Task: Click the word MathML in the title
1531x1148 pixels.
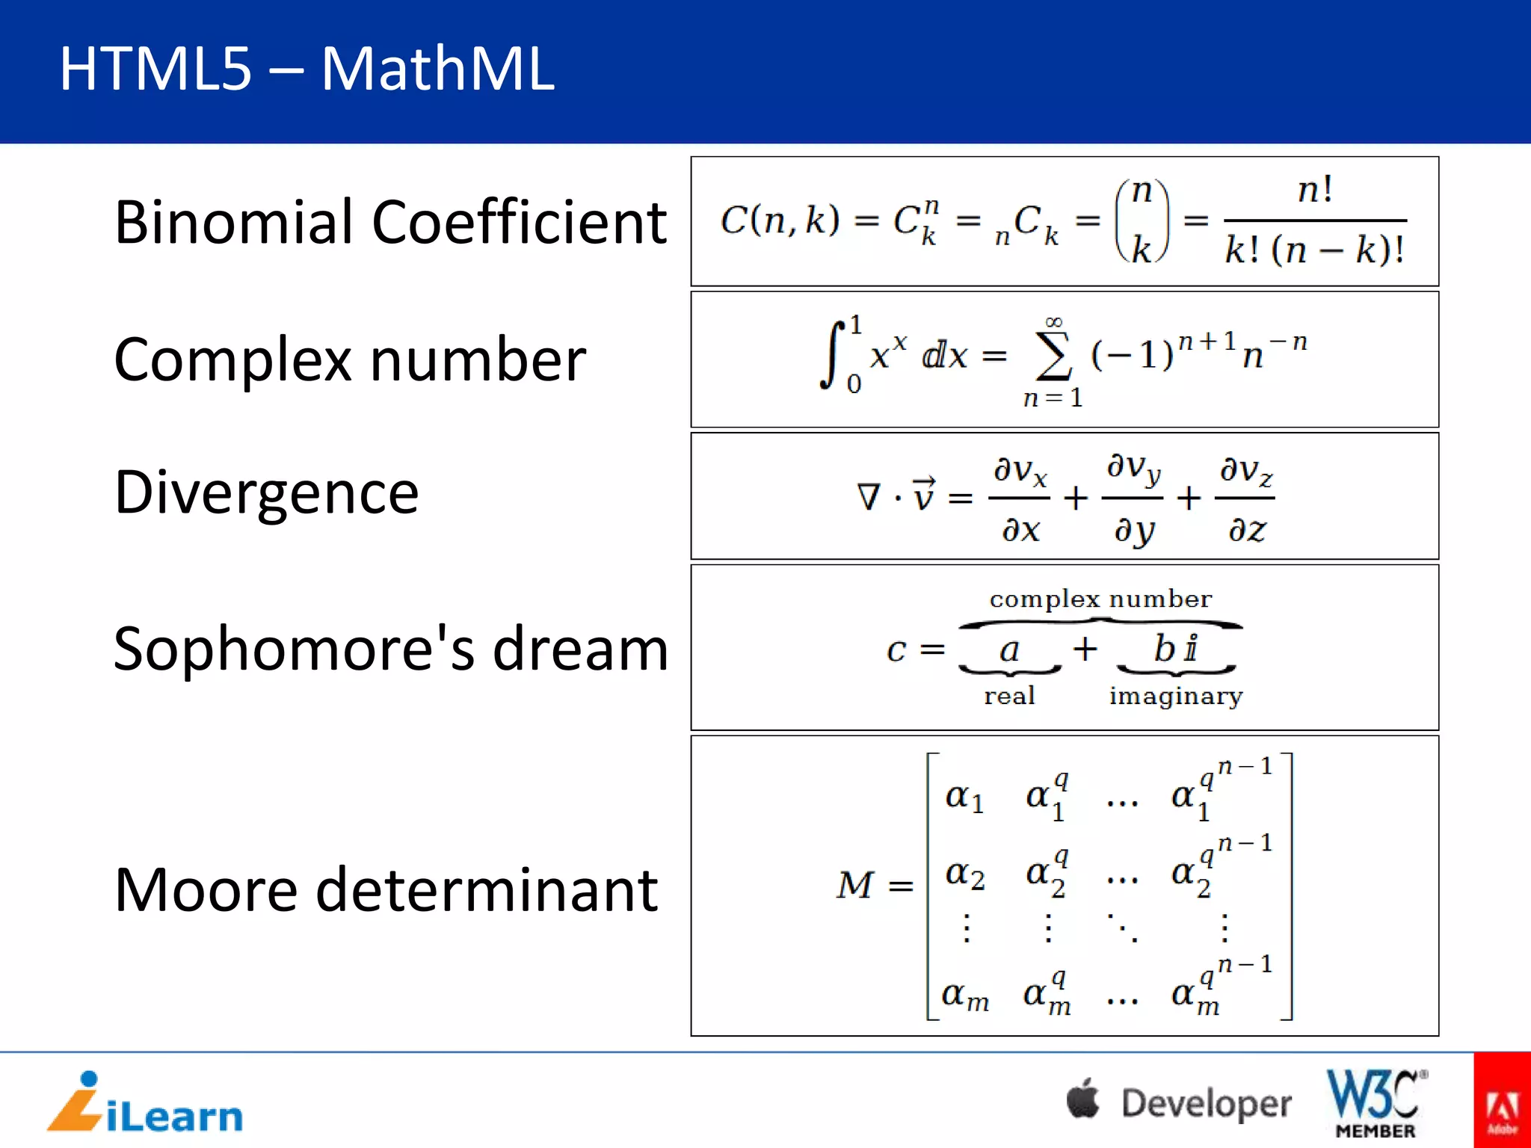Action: (x=437, y=69)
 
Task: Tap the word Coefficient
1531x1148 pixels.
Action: (x=519, y=222)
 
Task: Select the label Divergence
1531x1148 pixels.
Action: (x=266, y=493)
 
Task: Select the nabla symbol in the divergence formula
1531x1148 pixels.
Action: (x=869, y=497)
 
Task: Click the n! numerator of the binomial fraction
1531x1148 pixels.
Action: (x=1315, y=189)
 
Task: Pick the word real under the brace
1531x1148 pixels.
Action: (x=1009, y=696)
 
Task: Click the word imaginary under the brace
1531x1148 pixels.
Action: (x=1175, y=697)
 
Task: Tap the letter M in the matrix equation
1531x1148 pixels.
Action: (x=855, y=885)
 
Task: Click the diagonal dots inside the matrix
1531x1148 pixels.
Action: (x=1123, y=928)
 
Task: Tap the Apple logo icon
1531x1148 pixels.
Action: (x=1083, y=1099)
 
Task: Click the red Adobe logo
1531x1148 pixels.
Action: (x=1502, y=1100)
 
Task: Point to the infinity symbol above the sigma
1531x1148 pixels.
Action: (x=1053, y=322)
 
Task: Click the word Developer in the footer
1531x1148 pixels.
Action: (x=1206, y=1103)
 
